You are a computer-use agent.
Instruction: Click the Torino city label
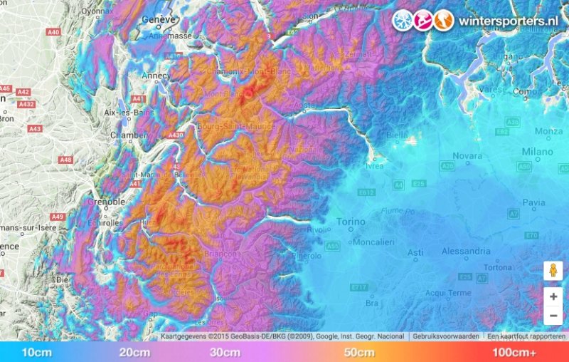click(x=351, y=222)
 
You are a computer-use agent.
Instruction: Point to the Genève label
click(x=160, y=19)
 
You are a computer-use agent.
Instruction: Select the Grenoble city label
click(x=107, y=202)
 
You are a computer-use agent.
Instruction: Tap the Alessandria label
click(x=466, y=251)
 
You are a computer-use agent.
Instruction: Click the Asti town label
click(x=415, y=253)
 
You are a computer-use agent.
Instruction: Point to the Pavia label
click(x=533, y=202)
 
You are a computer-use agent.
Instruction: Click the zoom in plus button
click(x=553, y=296)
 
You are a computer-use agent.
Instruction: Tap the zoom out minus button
click(x=553, y=315)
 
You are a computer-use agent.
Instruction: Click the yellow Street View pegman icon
click(x=553, y=270)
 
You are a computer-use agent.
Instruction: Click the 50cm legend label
click(x=359, y=352)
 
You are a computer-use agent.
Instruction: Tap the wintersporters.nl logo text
click(x=507, y=20)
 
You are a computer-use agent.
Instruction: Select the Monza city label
click(x=548, y=131)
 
